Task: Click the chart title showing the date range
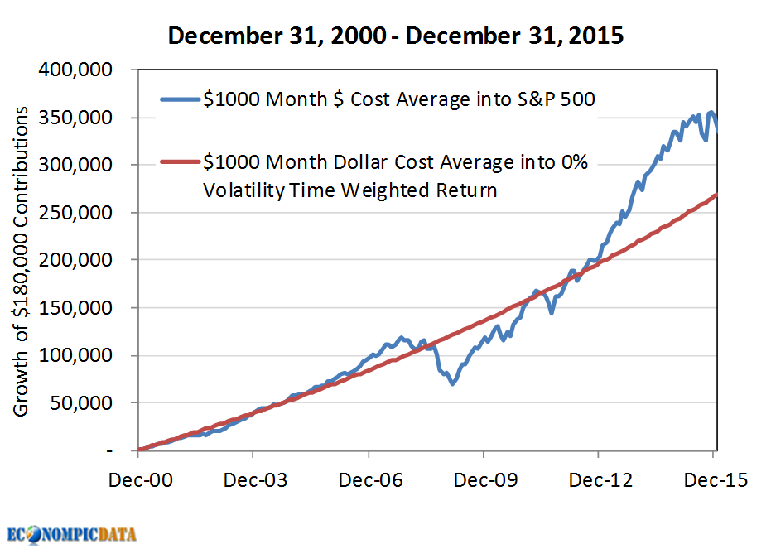pos(396,36)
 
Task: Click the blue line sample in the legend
pos(180,99)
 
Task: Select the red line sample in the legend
pos(180,163)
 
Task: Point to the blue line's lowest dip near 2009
pos(452,384)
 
